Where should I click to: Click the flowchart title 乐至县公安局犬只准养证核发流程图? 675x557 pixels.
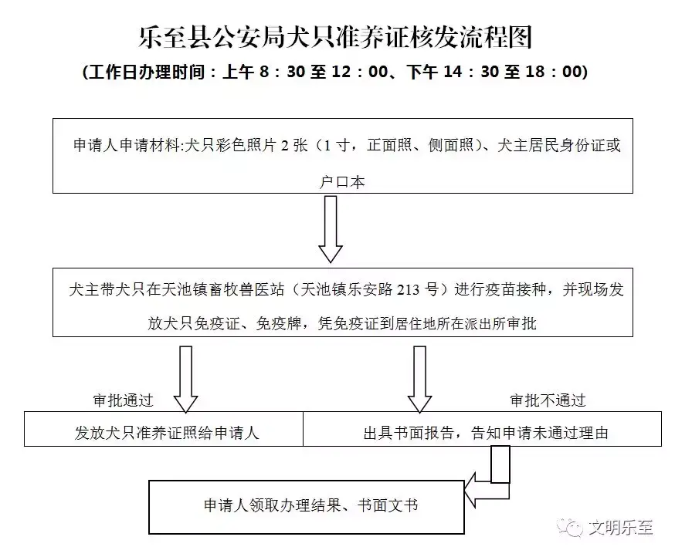(x=335, y=37)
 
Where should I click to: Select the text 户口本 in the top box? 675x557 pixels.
(x=342, y=182)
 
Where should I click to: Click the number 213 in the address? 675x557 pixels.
(x=408, y=289)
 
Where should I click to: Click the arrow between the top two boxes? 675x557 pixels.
(x=331, y=229)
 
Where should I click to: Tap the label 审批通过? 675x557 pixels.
(x=123, y=400)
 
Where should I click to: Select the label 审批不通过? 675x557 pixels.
(x=548, y=400)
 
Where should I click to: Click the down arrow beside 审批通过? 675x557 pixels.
(x=185, y=380)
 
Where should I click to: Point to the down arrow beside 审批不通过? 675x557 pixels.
(x=419, y=380)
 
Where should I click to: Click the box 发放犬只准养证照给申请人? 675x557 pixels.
(x=164, y=429)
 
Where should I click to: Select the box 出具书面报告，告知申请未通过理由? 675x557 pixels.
(x=482, y=429)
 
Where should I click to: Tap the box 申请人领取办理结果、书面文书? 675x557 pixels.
(x=307, y=507)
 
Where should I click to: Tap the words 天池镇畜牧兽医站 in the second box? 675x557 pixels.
(x=223, y=289)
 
